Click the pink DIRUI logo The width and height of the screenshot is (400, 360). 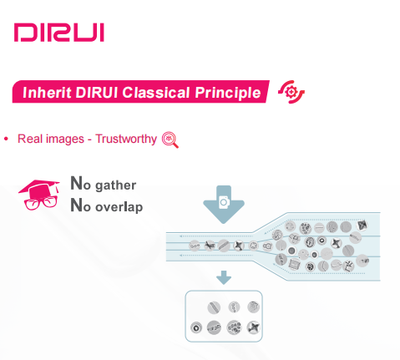[x=59, y=33]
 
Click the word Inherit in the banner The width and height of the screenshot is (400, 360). [x=47, y=93]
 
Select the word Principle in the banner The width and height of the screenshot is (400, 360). [x=228, y=93]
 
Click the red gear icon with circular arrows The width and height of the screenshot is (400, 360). [x=291, y=92]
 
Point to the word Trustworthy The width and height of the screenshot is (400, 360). [x=126, y=139]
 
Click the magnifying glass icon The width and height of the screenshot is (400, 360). [x=170, y=139]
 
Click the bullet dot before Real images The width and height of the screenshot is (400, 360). [x=6, y=139]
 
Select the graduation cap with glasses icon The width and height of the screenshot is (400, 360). [x=39, y=195]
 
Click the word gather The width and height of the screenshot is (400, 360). [x=116, y=185]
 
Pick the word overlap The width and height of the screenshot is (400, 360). [x=119, y=207]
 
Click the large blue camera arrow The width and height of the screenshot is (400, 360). [x=224, y=205]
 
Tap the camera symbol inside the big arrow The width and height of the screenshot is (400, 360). [x=224, y=202]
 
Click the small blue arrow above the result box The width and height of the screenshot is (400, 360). [x=224, y=277]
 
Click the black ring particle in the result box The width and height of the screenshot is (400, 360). [x=196, y=327]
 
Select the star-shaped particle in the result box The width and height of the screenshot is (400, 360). [x=254, y=327]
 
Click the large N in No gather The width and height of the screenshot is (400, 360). [x=76, y=183]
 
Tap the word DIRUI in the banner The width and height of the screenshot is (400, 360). [x=97, y=93]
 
